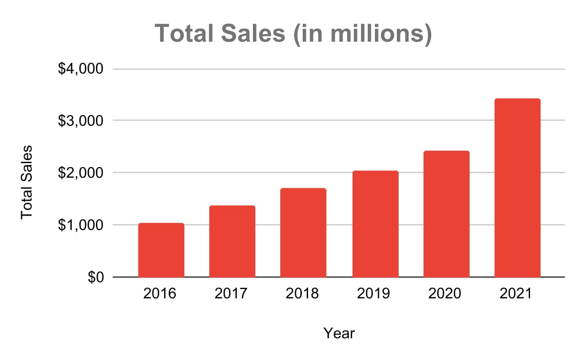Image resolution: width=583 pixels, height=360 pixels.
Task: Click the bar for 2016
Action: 161,250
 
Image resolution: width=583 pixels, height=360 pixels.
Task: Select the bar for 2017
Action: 232,241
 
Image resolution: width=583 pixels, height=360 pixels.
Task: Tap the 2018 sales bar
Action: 303,233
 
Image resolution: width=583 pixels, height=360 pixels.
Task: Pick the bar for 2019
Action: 375,224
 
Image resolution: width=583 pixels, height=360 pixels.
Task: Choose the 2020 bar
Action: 446,214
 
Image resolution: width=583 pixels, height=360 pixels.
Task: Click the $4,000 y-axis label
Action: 81,69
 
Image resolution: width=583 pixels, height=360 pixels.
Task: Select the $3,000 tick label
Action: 81,121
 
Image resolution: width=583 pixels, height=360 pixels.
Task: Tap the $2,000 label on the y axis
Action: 81,173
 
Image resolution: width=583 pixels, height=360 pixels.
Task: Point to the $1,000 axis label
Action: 81,225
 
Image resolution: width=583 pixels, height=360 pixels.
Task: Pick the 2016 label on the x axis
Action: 161,294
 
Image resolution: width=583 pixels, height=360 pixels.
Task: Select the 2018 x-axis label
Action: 303,294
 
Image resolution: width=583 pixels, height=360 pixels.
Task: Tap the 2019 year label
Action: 375,294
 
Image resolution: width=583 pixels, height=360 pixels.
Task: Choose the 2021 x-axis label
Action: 517,294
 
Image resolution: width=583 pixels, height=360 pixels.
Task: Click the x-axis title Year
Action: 339,333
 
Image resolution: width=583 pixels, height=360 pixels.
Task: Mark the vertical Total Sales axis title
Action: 27,182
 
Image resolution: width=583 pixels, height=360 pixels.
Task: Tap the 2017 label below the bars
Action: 232,294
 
